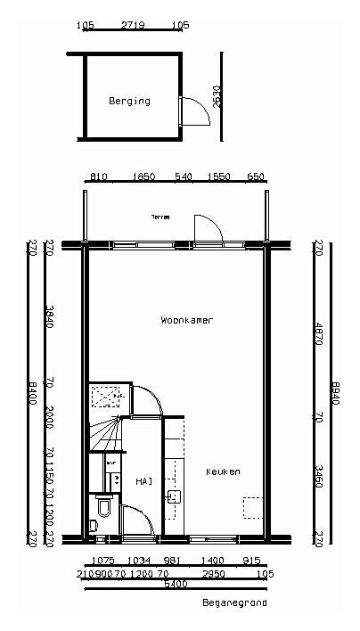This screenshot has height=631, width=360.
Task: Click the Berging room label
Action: pyautogui.click(x=129, y=101)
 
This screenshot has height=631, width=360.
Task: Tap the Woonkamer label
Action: pyautogui.click(x=187, y=319)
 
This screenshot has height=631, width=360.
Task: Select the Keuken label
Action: pyautogui.click(x=223, y=471)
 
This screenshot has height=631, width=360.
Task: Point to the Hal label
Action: pyautogui.click(x=143, y=481)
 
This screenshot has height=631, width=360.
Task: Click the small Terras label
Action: pyautogui.click(x=160, y=217)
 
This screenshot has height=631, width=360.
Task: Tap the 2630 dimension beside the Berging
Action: pyautogui.click(x=218, y=94)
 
